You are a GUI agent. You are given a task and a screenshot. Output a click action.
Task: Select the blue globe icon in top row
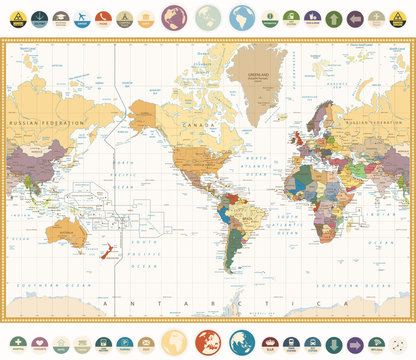coord(241,18)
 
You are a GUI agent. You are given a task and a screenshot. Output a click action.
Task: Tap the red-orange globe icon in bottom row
coord(208,342)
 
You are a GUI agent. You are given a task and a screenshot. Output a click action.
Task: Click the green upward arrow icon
coord(334,17)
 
